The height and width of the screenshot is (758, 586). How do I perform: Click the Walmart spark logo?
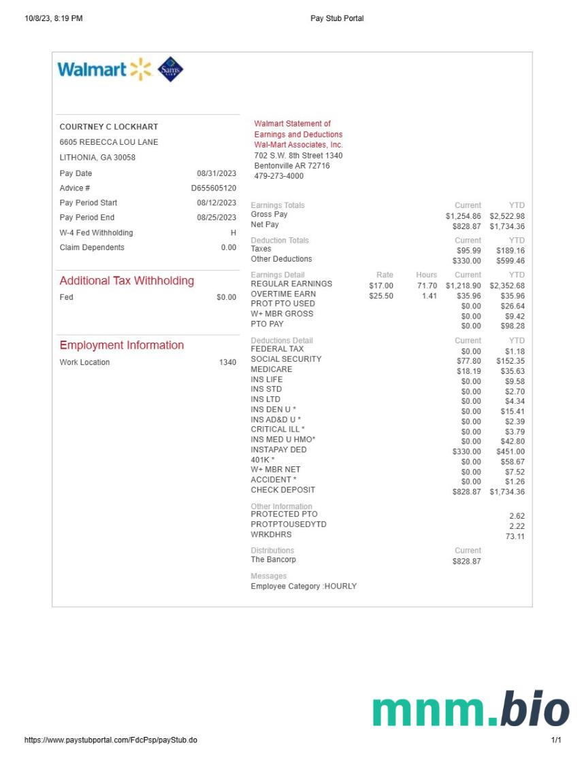[140, 69]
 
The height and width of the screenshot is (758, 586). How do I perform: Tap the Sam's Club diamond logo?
[170, 69]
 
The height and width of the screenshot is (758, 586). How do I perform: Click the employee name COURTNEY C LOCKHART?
[109, 127]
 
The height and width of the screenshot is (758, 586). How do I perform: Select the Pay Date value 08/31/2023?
[216, 173]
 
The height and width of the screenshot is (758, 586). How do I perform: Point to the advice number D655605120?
[214, 188]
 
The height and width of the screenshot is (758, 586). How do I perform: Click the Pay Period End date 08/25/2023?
[216, 218]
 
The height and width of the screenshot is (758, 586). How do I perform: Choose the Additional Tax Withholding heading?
[127, 281]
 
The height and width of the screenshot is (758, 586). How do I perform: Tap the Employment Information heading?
[122, 345]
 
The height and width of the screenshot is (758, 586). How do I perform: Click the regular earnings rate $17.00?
[381, 286]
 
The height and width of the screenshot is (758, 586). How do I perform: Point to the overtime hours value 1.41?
[429, 296]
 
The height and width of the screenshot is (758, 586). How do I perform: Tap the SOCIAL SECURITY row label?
[286, 359]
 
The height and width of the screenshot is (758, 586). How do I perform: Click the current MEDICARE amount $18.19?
[468, 372]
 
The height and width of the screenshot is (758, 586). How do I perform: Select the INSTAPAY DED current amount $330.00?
[466, 451]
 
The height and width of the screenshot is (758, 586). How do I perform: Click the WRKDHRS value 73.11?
[515, 537]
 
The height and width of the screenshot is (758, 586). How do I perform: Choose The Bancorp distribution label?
[274, 560]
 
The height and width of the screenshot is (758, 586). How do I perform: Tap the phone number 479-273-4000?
[279, 176]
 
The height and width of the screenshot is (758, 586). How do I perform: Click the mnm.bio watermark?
[470, 710]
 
